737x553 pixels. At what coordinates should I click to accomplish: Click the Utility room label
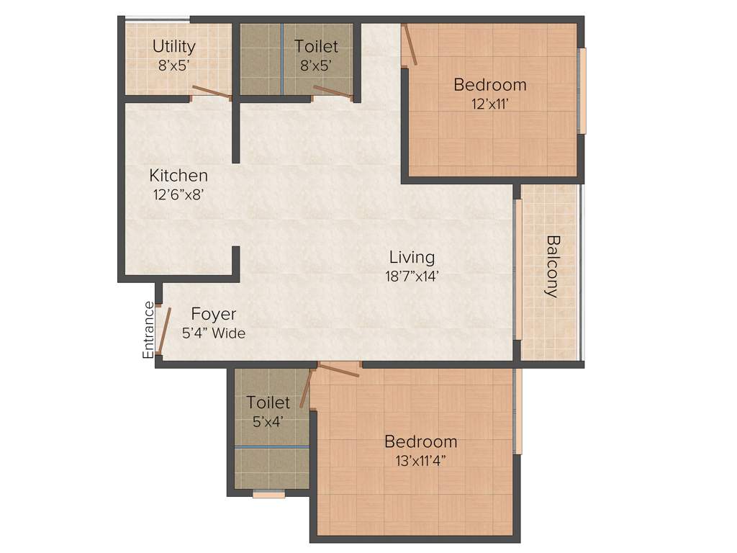(173, 46)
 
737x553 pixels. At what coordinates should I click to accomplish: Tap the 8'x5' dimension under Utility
(173, 64)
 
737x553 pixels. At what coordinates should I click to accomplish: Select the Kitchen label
(178, 175)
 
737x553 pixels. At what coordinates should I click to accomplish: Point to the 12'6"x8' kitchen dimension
(178, 194)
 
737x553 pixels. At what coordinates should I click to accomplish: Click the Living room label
(412, 257)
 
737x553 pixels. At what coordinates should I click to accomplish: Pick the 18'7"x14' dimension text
(412, 275)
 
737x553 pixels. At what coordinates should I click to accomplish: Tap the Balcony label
(552, 266)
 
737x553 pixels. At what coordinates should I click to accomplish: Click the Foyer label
(213, 315)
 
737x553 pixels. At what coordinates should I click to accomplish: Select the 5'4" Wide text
(213, 333)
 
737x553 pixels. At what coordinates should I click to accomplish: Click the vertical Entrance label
(148, 330)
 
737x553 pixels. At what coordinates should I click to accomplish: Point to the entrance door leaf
(164, 333)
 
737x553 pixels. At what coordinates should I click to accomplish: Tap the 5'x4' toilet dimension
(268, 422)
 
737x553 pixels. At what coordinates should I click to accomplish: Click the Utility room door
(211, 91)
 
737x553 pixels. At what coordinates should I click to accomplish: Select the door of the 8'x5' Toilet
(333, 91)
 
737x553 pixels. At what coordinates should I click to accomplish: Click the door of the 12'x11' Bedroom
(410, 45)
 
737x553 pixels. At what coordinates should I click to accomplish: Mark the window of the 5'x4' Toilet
(268, 494)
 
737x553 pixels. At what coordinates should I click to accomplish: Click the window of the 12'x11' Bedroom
(582, 91)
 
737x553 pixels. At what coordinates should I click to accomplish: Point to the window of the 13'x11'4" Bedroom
(517, 411)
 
